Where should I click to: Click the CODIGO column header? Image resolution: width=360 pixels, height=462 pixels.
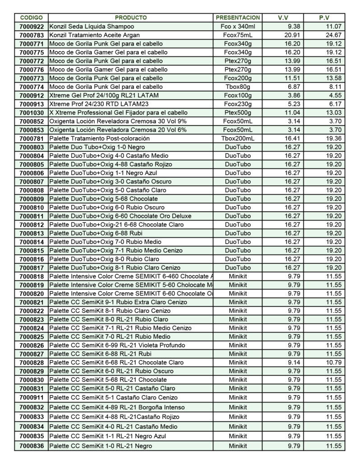(31, 18)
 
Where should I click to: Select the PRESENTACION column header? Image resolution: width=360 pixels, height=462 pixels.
(238, 18)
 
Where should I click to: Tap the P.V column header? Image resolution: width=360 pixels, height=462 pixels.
(323, 18)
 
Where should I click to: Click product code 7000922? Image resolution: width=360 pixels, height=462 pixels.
(32, 27)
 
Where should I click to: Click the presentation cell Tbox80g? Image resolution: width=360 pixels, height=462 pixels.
(238, 87)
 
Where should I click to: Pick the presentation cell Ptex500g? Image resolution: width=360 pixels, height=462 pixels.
(238, 112)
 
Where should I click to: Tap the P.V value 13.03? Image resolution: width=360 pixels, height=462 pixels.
(334, 112)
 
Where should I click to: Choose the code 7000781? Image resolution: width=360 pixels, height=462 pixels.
(32, 139)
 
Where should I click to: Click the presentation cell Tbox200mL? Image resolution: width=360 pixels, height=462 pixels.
(238, 139)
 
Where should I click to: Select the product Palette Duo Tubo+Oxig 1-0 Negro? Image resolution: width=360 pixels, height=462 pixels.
(94, 147)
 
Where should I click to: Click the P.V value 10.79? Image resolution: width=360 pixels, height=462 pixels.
(334, 362)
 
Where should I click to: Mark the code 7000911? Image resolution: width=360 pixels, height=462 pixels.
(32, 397)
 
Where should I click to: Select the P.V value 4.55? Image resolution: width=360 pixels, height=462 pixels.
(335, 95)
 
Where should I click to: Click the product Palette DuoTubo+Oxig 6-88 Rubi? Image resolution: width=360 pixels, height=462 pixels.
(94, 233)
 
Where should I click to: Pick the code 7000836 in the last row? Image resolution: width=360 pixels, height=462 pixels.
(32, 446)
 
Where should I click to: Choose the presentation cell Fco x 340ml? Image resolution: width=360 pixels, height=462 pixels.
(238, 27)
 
